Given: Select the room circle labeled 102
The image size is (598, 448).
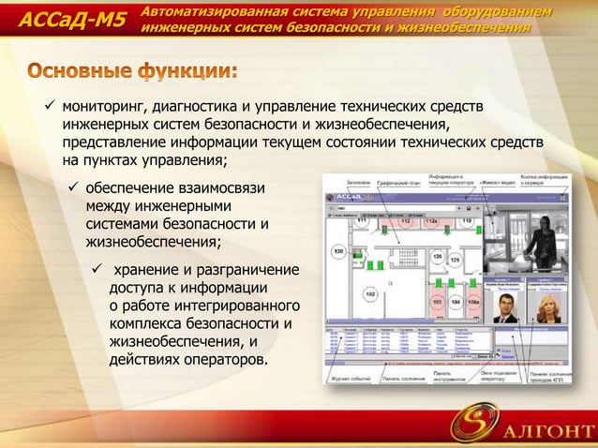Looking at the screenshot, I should pos(370,295).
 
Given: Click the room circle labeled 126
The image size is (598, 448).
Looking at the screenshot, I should pos(436,256).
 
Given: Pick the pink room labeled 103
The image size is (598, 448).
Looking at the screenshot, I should pos(436,302).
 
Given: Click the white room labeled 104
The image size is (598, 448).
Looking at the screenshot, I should pos(456,302).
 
